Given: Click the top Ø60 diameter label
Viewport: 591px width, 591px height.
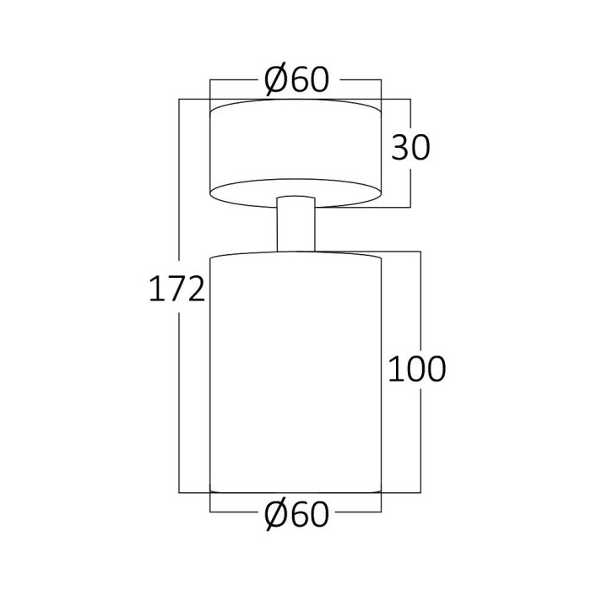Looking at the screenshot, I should (295, 80).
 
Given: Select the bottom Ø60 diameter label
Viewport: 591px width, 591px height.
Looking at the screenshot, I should (295, 513).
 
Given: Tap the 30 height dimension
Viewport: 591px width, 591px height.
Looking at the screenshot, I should (410, 148).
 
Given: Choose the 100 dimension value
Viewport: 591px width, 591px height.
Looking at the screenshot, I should (416, 368).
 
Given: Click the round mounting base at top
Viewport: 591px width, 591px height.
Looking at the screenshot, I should (295, 152).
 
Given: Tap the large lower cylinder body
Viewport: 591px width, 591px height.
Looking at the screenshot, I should (295, 371).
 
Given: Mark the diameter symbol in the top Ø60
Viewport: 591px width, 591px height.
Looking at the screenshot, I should (278, 80).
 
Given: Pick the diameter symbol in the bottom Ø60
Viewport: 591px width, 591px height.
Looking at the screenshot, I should (278, 513).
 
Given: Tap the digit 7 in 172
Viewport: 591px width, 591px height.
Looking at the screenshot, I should (176, 290).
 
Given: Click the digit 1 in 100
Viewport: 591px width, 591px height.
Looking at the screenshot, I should (393, 368).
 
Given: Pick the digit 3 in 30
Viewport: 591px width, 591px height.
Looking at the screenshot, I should (399, 148).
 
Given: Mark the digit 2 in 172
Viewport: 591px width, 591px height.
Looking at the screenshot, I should (195, 290).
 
